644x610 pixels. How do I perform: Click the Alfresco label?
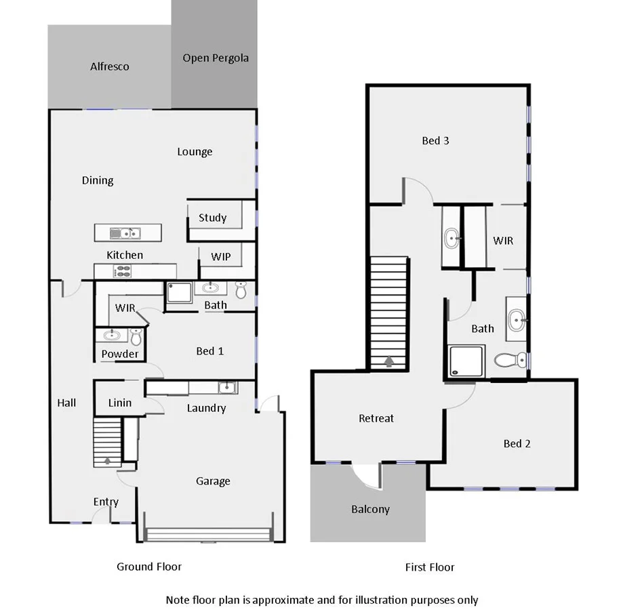click(x=109, y=66)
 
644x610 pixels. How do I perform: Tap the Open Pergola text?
click(x=216, y=58)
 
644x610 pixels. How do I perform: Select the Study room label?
click(x=212, y=218)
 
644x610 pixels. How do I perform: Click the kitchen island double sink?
click(x=125, y=233)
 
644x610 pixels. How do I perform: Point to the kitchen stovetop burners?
click(x=123, y=271)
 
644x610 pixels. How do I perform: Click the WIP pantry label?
click(x=220, y=257)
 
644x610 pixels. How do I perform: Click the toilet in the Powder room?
click(x=136, y=336)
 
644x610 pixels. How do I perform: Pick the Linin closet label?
click(x=120, y=403)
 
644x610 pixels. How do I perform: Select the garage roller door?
click(x=209, y=535)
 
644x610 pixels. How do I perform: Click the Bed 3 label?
click(x=435, y=140)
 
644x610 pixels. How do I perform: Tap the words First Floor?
click(x=430, y=567)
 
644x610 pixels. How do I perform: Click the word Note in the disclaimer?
click(x=178, y=599)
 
